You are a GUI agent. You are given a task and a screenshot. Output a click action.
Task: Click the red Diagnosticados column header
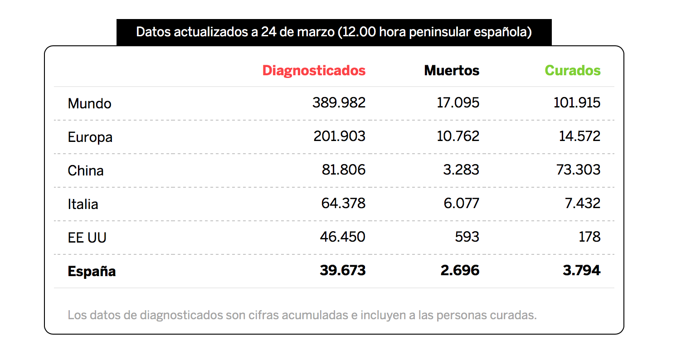314,71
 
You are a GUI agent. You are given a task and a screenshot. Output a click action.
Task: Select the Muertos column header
452,71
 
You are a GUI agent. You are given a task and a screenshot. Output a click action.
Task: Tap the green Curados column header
573,71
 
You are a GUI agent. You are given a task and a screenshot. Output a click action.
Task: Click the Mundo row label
89,103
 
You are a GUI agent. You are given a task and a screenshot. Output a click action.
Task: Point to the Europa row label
90,137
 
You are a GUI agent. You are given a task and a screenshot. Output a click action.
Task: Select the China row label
86,170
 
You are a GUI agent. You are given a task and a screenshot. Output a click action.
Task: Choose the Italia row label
83,204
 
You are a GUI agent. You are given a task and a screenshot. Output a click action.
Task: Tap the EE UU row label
87,238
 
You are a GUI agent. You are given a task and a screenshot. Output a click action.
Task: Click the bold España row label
92,272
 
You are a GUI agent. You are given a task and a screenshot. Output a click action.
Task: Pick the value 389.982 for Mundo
339,103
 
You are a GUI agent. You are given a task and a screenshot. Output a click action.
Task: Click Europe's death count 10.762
458,136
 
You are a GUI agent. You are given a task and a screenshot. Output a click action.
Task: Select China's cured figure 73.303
579,170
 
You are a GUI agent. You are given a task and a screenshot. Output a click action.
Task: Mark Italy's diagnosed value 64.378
343,204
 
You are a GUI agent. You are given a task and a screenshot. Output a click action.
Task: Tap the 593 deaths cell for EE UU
467,237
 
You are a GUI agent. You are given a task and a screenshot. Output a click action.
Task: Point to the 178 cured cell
589,237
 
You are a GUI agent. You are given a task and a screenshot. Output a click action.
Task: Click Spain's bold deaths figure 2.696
460,271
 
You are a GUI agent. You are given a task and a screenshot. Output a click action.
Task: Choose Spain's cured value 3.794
581,271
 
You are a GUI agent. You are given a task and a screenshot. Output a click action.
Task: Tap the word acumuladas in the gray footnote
315,315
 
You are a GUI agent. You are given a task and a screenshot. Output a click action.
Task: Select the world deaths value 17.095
458,103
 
